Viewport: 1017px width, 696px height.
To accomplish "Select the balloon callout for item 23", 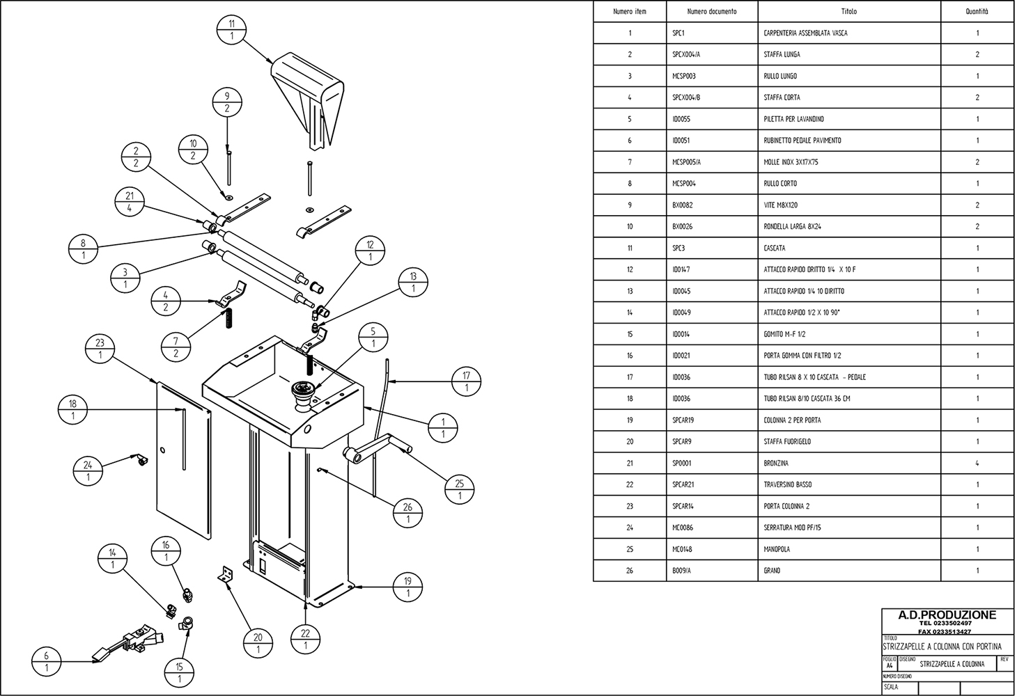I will [x=100, y=349].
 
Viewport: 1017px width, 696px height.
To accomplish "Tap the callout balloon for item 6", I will [x=47, y=661].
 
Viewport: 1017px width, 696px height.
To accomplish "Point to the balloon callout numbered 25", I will [x=459, y=490].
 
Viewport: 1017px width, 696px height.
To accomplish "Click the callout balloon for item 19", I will [x=408, y=587].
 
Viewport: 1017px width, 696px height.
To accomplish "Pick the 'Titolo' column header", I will [x=848, y=12].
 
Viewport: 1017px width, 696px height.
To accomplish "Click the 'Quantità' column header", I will [x=977, y=12].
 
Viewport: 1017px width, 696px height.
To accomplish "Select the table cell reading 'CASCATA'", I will [x=774, y=248].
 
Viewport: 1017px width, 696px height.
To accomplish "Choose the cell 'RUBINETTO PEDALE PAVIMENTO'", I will [x=802, y=141].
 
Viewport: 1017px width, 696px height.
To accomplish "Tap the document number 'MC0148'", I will [x=683, y=549].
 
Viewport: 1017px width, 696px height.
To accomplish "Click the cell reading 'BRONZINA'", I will [x=776, y=463].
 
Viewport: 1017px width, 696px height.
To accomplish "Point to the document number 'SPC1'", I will [x=678, y=33].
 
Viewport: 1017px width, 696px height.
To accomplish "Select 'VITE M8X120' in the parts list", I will [x=780, y=205].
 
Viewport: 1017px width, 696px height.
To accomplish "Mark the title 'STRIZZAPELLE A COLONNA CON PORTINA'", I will [x=942, y=647].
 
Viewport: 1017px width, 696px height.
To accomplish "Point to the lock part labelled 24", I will [x=141, y=459].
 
